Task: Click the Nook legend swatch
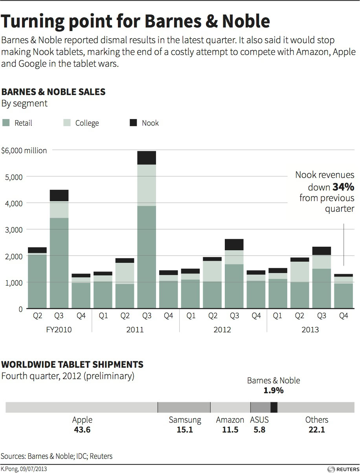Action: click(134, 123)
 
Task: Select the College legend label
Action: click(87, 123)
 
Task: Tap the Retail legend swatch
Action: click(6, 123)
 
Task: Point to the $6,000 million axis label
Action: click(24, 150)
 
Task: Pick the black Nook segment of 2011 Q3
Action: click(147, 158)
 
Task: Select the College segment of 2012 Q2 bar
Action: click(212, 271)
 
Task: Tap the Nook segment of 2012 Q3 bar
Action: click(234, 244)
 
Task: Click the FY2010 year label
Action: click(58, 330)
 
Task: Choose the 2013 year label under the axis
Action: click(310, 330)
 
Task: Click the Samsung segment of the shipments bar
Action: click(184, 407)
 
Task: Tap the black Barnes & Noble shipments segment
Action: click(274, 407)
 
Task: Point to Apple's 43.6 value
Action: click(82, 430)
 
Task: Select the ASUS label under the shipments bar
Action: click(259, 420)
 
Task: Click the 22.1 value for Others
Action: click(317, 430)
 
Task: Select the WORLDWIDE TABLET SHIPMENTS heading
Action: click(72, 365)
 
